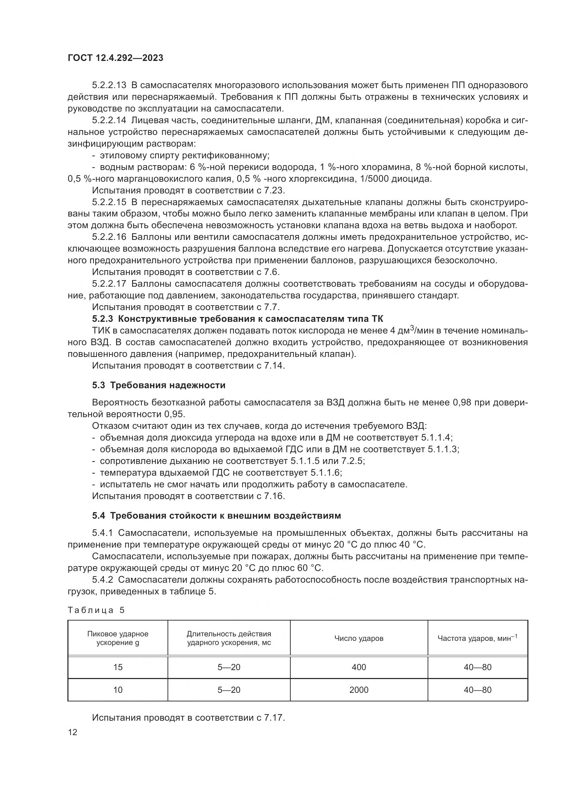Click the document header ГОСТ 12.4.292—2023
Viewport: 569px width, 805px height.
pos(115,58)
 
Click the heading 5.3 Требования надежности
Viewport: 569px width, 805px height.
pos(159,385)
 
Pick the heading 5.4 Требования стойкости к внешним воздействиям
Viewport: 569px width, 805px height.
pos(216,516)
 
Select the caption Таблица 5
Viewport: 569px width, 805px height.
pos(96,610)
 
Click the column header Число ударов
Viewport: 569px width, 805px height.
pos(358,638)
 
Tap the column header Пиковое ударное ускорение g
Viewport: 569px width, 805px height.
pos(118,638)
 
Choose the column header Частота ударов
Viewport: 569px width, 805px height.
pos(477,638)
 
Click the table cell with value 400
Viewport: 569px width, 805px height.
pos(358,667)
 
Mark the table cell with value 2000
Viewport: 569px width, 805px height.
pos(358,690)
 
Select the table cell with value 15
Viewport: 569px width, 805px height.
pos(118,667)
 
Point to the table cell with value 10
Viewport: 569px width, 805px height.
pos(118,690)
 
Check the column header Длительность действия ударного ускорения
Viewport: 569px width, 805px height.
pos(229,638)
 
